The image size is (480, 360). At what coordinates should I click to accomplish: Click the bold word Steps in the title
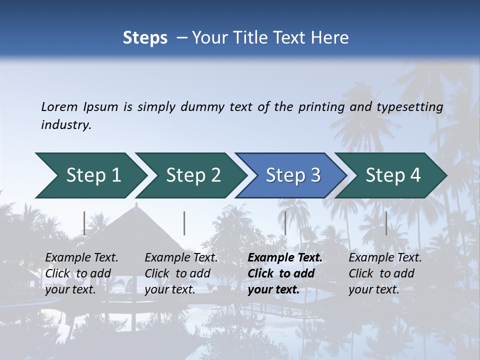coord(145,38)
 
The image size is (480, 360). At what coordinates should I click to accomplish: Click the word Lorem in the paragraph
coord(59,106)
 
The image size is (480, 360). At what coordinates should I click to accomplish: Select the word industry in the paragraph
coord(65,125)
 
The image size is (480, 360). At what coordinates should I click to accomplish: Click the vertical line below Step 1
coord(84,223)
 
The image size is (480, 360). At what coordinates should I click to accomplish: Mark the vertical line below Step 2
coord(184,223)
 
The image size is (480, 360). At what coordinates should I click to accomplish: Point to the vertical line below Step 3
coord(285,223)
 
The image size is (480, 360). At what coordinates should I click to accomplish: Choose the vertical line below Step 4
coord(386,223)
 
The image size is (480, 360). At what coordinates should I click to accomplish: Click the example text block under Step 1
coord(81,273)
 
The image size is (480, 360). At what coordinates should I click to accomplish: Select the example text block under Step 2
coord(181,273)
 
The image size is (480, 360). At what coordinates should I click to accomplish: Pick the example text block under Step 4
coord(385,273)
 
